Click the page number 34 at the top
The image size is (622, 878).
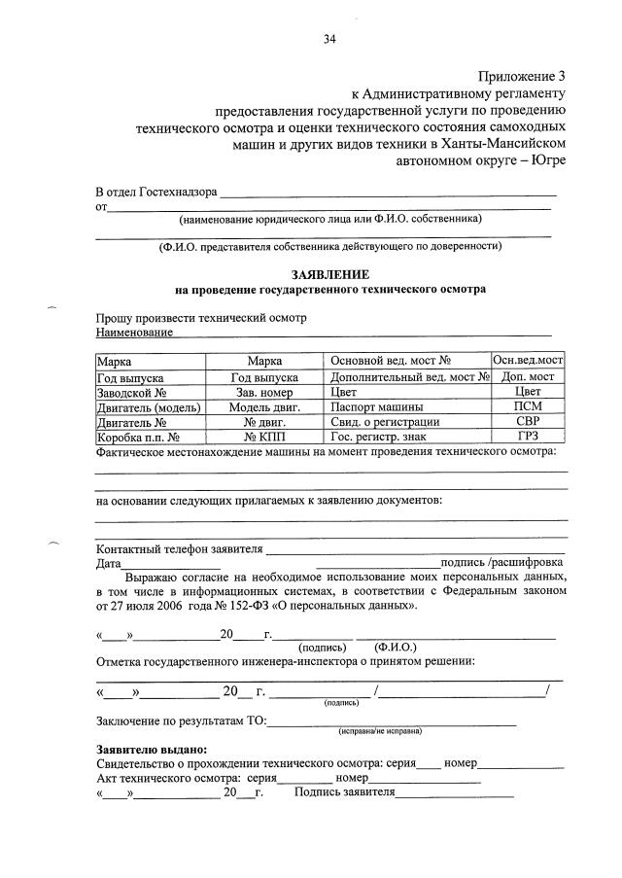(329, 40)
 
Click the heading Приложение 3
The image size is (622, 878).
(521, 76)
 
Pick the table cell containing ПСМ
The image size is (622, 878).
(528, 407)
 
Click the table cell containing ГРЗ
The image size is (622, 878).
(528, 437)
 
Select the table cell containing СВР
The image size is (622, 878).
(528, 422)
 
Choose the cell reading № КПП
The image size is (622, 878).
(263, 437)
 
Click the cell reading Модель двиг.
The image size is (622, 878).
(263, 407)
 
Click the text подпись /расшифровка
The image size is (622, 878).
(501, 562)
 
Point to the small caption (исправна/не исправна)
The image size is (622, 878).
(380, 729)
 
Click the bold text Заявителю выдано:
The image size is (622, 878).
(152, 750)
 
